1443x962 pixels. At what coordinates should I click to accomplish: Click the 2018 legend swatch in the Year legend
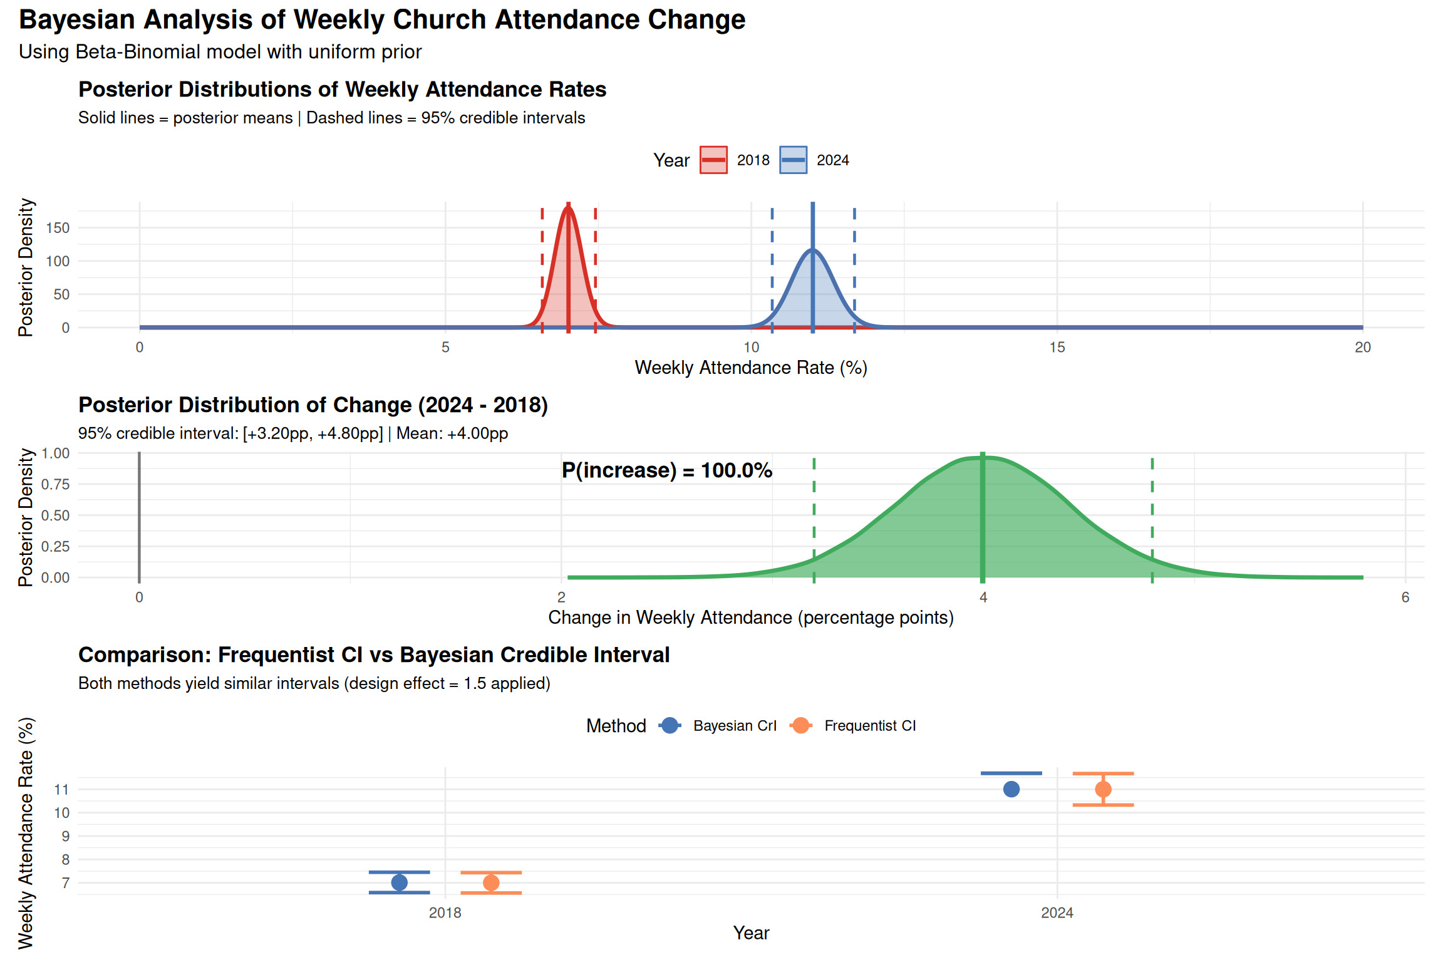tap(713, 160)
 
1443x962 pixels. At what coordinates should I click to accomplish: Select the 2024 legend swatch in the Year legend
tap(793, 160)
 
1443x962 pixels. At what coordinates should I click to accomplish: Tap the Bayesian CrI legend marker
tap(670, 725)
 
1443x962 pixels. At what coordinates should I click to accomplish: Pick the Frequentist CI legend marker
tap(801, 725)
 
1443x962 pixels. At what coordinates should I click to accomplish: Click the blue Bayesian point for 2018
tap(399, 882)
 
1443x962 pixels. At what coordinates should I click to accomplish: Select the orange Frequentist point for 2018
tap(491, 882)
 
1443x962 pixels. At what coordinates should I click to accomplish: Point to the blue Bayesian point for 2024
tap(1011, 789)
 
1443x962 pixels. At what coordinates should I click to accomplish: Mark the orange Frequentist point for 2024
tap(1103, 789)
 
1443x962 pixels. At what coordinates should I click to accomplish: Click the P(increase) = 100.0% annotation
tap(666, 470)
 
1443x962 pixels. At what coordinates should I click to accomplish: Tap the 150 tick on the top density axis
tap(58, 228)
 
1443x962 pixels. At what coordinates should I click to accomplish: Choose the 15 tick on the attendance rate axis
tap(1057, 348)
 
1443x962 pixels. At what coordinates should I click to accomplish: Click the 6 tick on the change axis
tap(1405, 597)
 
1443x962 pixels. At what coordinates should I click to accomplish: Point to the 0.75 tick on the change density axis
tap(55, 484)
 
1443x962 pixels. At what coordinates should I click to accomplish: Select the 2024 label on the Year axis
tap(1057, 913)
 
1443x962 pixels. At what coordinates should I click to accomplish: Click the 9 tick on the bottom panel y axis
tap(65, 836)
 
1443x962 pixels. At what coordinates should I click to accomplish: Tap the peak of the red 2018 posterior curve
tap(568, 206)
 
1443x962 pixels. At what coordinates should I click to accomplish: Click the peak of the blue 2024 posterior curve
tap(812, 250)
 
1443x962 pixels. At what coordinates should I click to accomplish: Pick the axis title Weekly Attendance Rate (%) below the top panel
tap(751, 368)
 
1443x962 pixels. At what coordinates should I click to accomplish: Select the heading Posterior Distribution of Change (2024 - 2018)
tap(313, 405)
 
